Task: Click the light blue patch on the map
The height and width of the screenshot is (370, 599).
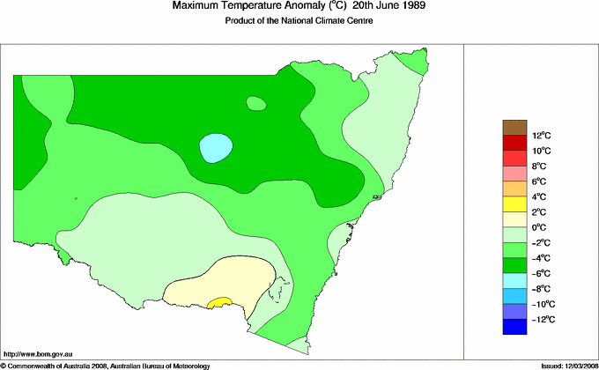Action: [216, 147]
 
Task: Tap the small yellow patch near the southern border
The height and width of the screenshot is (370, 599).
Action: [218, 302]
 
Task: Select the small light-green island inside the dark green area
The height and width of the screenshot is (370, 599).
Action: [256, 104]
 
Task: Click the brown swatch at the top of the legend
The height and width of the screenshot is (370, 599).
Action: [514, 127]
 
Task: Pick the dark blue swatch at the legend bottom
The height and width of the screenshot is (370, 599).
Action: [514, 327]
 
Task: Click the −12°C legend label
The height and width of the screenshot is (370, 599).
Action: [542, 319]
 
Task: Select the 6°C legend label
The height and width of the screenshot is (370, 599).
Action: [539, 181]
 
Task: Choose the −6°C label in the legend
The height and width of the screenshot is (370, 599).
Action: [541, 273]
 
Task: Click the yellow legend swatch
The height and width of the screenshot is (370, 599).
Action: [514, 204]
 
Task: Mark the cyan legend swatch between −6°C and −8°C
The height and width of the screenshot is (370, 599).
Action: [514, 281]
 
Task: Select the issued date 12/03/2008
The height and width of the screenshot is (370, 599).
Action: [573, 365]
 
